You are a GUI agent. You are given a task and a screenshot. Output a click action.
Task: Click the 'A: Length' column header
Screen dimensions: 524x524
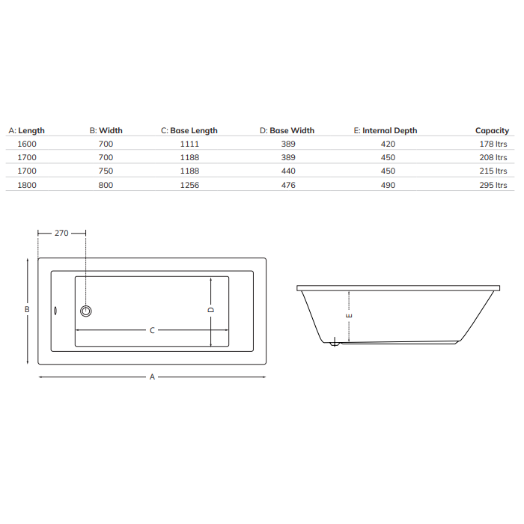[x=26, y=130]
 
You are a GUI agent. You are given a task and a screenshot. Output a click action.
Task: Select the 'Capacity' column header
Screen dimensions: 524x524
[x=492, y=131]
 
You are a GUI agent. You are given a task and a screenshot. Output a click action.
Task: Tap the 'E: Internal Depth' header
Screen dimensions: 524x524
[x=386, y=130]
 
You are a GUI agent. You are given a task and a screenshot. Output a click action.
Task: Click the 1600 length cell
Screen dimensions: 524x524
[x=27, y=144]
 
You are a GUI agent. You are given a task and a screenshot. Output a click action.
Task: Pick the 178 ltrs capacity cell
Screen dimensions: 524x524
[x=493, y=144]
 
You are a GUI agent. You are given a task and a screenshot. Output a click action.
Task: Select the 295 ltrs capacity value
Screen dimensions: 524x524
[x=493, y=185]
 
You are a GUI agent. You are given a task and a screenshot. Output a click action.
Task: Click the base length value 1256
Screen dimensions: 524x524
[x=189, y=185]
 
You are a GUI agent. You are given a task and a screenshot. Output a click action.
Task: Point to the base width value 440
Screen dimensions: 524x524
[x=288, y=171]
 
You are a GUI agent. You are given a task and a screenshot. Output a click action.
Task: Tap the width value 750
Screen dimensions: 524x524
[x=106, y=171]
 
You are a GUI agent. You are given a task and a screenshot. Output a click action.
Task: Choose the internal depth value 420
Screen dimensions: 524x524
[x=388, y=144]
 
